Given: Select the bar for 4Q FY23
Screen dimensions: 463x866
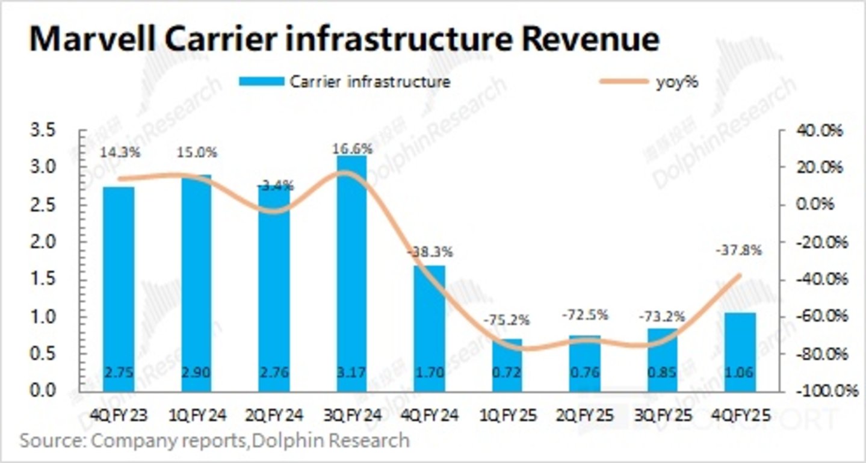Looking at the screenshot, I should coord(119,289).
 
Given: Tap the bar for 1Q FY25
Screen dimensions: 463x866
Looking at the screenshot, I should coord(507,367).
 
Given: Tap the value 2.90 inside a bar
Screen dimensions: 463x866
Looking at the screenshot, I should coord(196,372).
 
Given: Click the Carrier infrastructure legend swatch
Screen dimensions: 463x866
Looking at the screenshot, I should coord(261,82).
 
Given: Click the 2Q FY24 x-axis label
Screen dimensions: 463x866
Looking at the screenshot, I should coord(274,415).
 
